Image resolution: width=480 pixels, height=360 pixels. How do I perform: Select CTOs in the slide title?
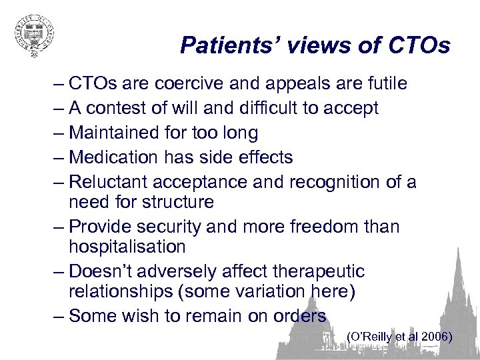coord(417,45)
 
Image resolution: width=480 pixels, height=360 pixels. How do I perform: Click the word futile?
coord(384,84)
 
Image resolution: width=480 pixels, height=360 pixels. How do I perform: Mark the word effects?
coord(262,157)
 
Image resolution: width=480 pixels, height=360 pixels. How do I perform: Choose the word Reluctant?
coord(109,182)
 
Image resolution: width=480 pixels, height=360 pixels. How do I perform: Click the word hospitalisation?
coord(127,247)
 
